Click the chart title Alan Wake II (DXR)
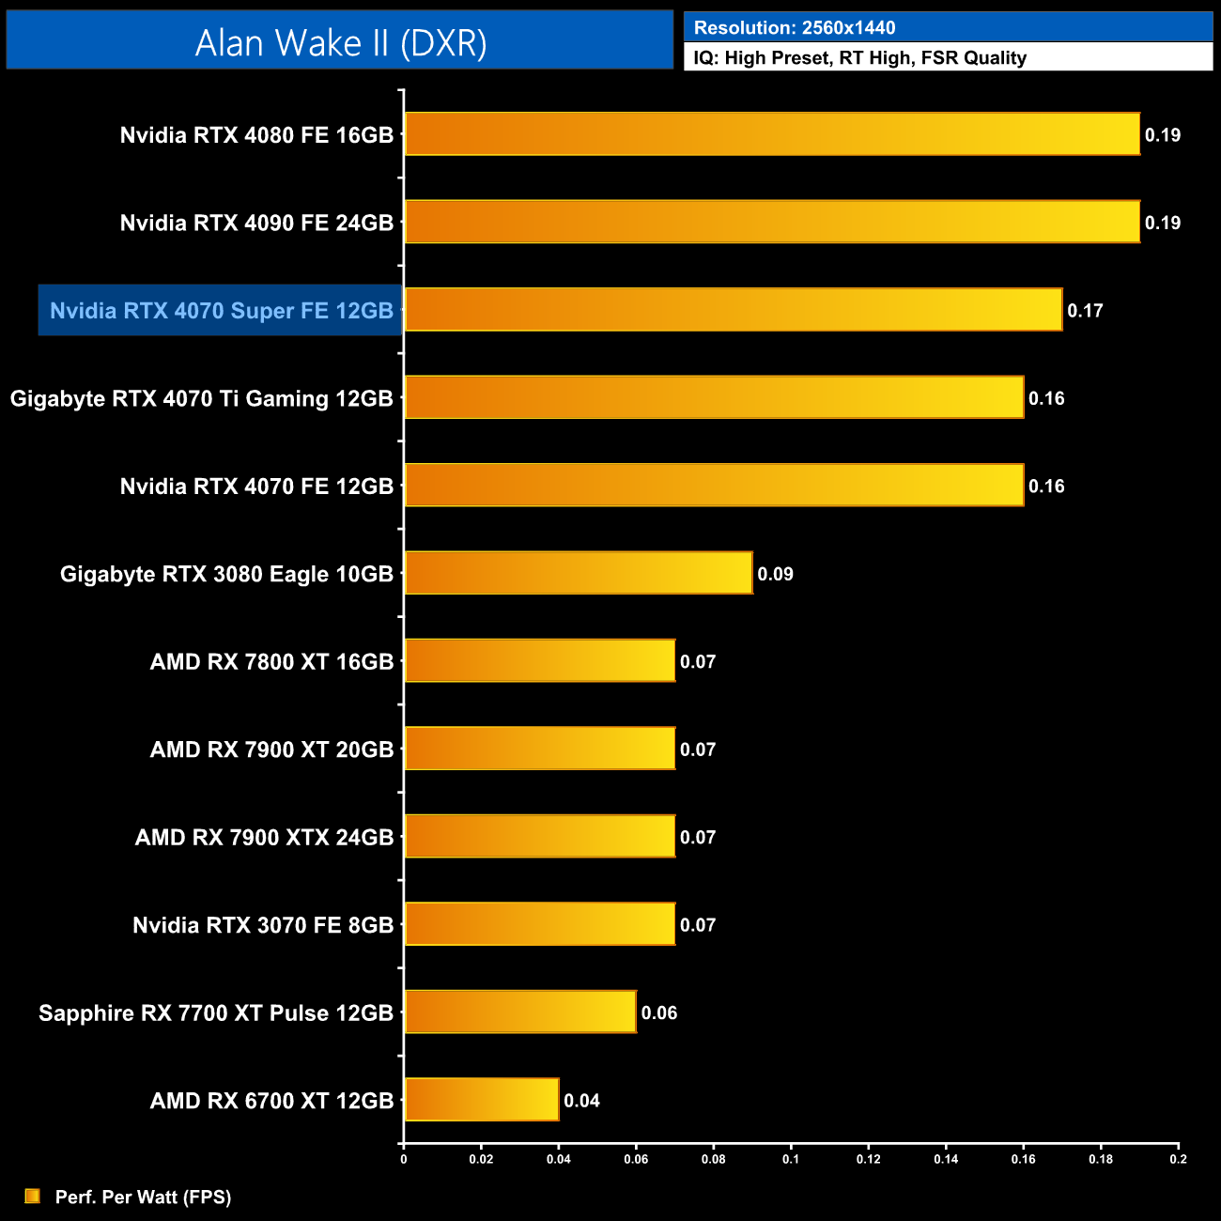tap(340, 43)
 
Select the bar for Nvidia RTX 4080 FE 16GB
tap(771, 134)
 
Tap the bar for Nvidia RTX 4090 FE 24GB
tap(771, 222)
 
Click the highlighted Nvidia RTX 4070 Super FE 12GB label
tap(221, 311)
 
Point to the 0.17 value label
tap(1085, 311)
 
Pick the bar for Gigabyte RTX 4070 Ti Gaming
tap(714, 397)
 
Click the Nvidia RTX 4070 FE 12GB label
tap(256, 487)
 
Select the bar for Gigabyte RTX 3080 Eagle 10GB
tap(578, 573)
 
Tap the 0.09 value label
tap(776, 574)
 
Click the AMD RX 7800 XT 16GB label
tap(271, 662)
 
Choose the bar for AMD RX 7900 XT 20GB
tap(539, 749)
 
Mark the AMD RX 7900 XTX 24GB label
tap(264, 838)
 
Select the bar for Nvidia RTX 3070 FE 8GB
tap(539, 924)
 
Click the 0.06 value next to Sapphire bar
tap(659, 1012)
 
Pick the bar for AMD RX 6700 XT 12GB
tap(481, 1100)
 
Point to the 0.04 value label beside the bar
tap(581, 1101)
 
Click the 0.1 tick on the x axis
tap(791, 1158)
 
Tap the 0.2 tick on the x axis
tap(1178, 1158)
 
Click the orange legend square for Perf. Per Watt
tap(33, 1196)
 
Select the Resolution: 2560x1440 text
tap(795, 28)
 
